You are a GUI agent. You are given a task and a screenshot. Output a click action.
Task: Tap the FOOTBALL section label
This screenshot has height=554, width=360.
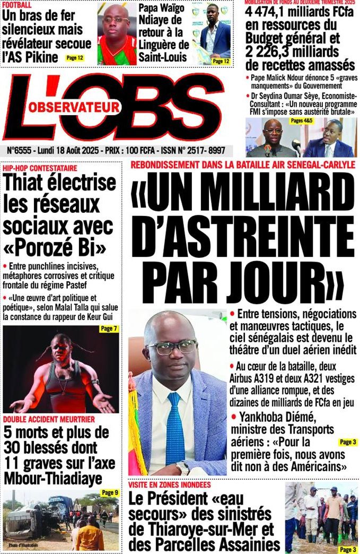[17, 5]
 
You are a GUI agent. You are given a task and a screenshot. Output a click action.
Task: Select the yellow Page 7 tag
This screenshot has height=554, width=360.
[109, 329]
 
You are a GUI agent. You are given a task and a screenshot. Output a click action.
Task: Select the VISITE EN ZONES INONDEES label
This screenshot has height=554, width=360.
[169, 485]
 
